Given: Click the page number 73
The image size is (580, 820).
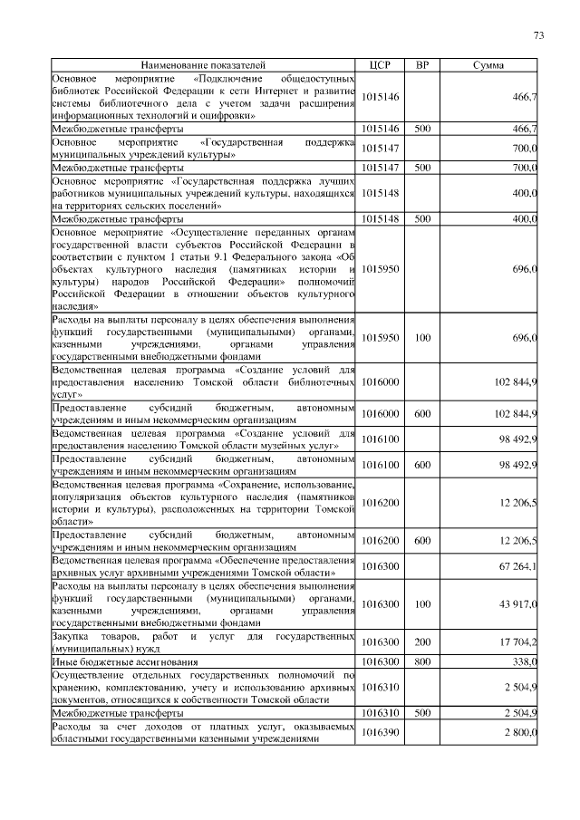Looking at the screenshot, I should pyautogui.click(x=538, y=35).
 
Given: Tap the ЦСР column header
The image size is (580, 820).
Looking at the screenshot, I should pyautogui.click(x=380, y=66).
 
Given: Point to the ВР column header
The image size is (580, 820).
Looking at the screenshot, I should pyautogui.click(x=421, y=66).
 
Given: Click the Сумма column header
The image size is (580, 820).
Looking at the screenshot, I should pyautogui.click(x=489, y=66).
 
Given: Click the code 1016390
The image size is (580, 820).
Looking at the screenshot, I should pyautogui.click(x=380, y=732).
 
